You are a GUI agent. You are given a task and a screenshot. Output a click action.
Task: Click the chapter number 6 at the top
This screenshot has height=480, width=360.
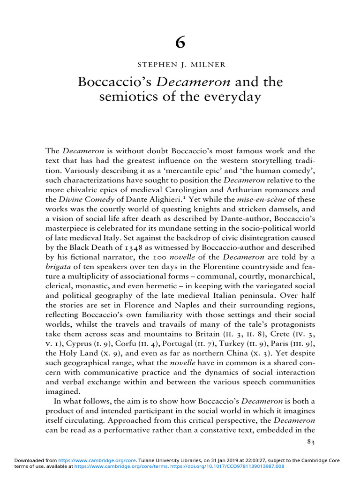(x=180, y=43)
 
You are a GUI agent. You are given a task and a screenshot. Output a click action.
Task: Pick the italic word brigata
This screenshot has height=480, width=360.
(x=58, y=267)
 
